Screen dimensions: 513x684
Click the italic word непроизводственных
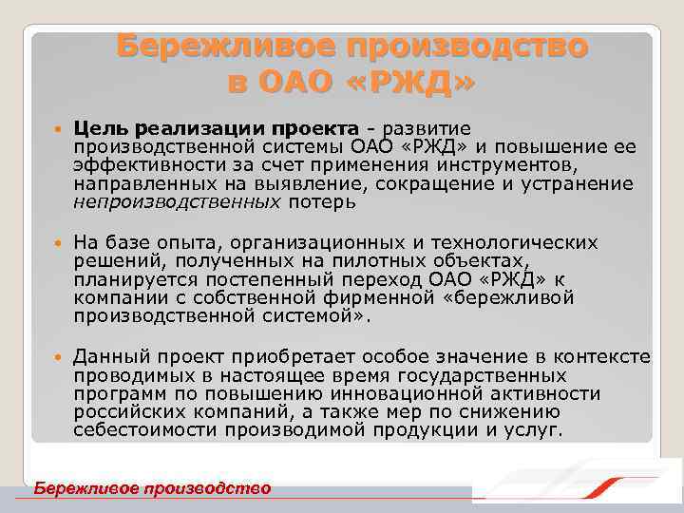tap(177, 201)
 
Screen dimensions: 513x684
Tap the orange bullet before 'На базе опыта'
tap(58, 243)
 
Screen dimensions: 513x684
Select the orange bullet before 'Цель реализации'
tap(58, 129)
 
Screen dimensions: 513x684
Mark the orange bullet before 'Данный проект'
tap(58, 357)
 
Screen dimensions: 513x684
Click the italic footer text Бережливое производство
tap(152, 488)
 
